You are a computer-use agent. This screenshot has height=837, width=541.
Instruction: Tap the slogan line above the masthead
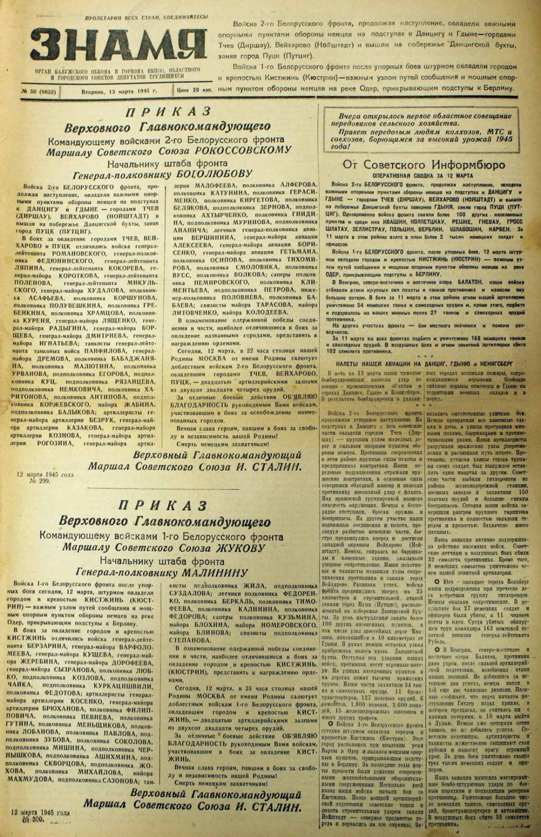pyautogui.click(x=147, y=17)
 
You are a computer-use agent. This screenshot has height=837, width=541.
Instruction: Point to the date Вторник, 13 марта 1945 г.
pyautogui.click(x=119, y=91)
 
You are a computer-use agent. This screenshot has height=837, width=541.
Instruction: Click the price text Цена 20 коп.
pyautogui.click(x=194, y=91)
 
